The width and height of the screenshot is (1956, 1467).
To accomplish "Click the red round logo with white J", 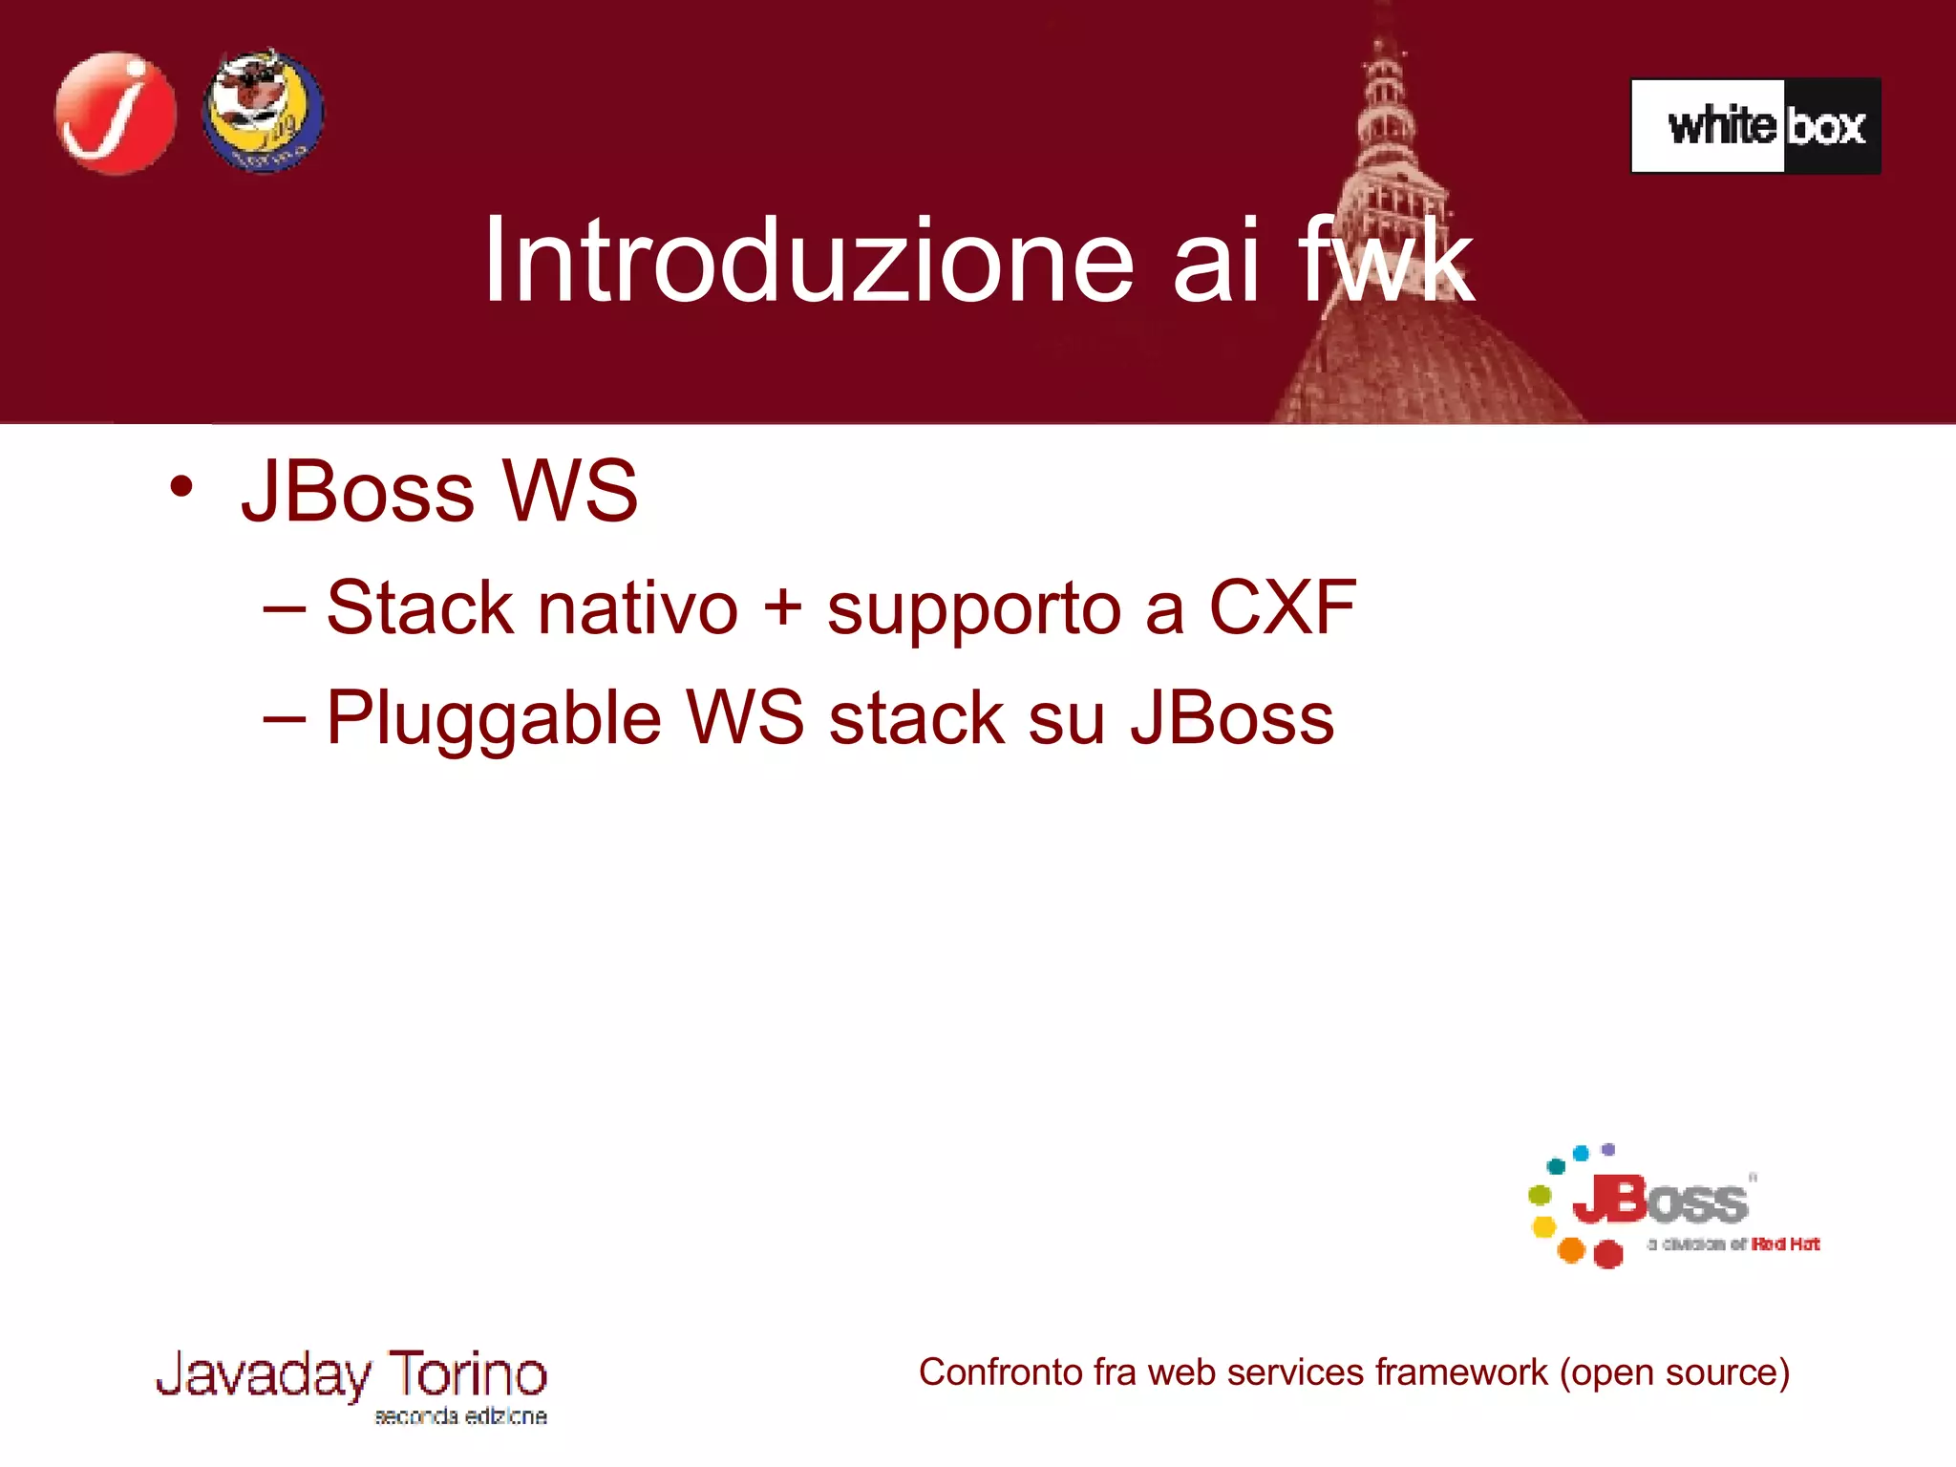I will tap(116, 113).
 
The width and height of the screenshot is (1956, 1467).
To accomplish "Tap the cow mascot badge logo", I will tap(263, 111).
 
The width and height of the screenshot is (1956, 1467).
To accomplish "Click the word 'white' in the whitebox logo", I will tap(1721, 126).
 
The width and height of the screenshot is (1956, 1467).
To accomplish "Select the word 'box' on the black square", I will tap(1826, 127).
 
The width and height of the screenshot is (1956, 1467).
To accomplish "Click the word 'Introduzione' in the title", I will tap(808, 260).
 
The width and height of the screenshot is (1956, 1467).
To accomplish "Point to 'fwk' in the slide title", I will tap(1385, 260).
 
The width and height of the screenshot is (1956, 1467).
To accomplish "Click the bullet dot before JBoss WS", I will tap(181, 486).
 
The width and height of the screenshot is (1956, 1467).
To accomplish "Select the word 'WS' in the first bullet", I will tap(570, 491).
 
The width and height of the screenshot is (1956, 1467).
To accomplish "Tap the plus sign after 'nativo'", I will tap(782, 607).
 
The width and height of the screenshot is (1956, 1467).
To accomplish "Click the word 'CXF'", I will tap(1282, 607).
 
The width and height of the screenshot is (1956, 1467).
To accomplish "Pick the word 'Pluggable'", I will tap(494, 718).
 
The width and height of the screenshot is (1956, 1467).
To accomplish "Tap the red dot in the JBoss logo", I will tap(1608, 1254).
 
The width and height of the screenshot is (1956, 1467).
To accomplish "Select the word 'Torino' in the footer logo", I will tap(467, 1373).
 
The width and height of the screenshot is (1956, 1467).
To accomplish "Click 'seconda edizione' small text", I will tap(460, 1416).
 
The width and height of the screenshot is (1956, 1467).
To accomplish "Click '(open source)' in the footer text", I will tap(1674, 1372).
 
